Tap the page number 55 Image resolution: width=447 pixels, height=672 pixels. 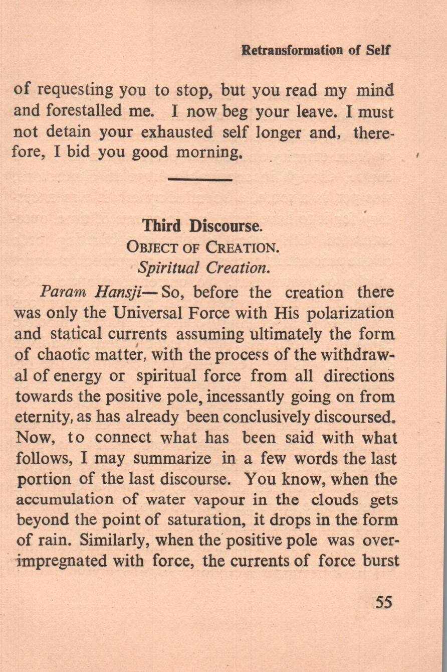[383, 602]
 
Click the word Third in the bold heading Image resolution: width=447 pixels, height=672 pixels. [161, 226]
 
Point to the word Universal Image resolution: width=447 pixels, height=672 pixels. [149, 313]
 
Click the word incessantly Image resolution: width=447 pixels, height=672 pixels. [245, 397]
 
